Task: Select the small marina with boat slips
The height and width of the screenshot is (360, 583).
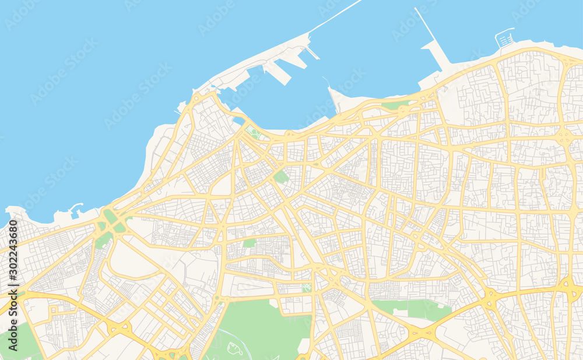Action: (505, 38)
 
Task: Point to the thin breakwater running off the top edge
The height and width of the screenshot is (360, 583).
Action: (336, 15)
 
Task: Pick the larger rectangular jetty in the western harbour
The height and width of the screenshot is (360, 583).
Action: (277, 73)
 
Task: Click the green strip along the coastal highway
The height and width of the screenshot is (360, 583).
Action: (396, 105)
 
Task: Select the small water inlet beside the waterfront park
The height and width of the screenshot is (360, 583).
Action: (238, 121)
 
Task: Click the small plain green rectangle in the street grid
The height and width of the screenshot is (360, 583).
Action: (250, 243)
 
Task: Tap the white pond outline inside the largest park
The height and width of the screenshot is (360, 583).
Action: (235, 349)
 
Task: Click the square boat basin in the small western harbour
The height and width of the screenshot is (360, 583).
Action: (80, 214)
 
